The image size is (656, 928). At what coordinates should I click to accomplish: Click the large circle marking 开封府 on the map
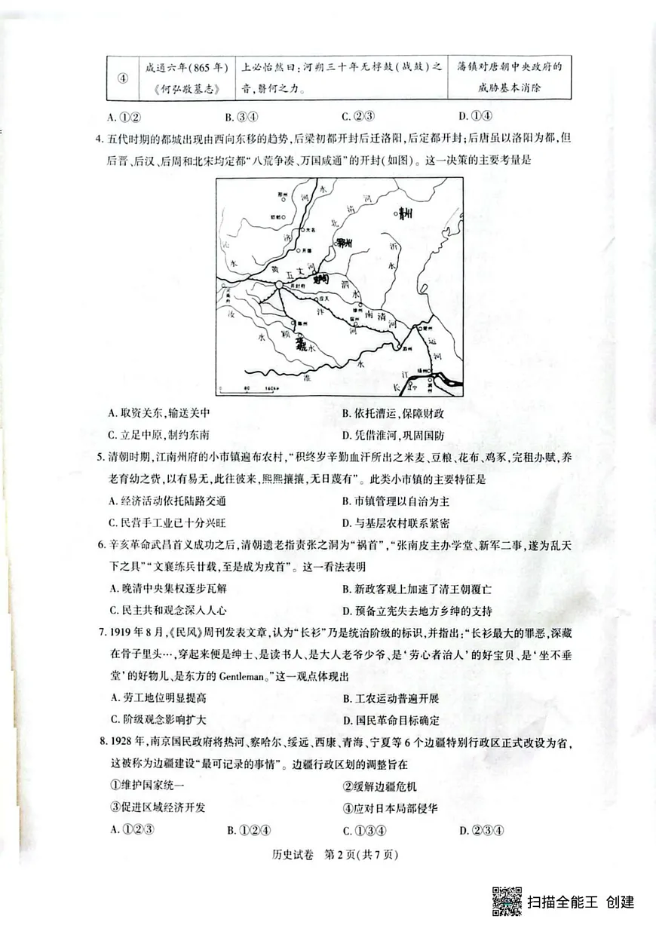(x=279, y=284)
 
